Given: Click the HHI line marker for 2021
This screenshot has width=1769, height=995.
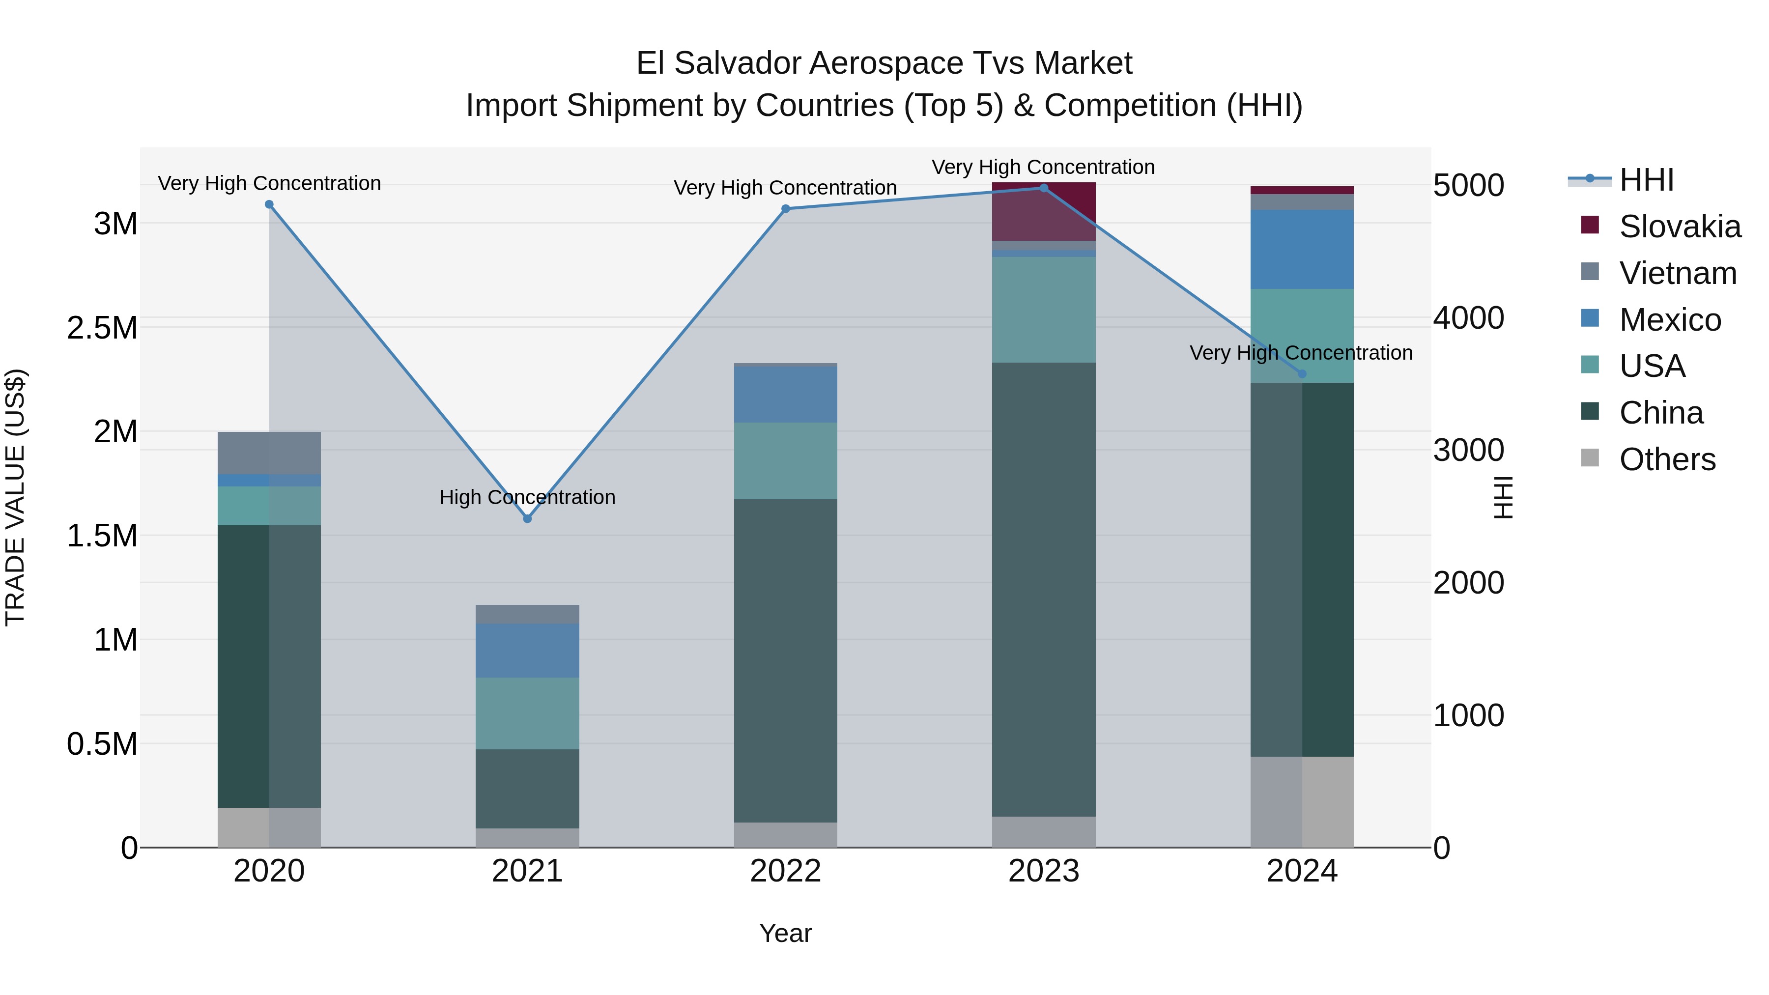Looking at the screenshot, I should (527, 518).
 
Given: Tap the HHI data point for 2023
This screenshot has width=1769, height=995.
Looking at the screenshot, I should (1044, 188).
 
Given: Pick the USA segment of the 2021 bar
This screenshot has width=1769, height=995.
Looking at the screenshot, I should (527, 713).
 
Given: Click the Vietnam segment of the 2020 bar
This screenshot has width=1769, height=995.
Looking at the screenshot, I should (269, 453).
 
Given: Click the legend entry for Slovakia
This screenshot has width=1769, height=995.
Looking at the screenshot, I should (1679, 227).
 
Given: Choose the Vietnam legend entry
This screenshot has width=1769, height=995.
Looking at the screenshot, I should (1677, 273).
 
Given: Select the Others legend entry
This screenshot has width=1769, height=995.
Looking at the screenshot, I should (1667, 459).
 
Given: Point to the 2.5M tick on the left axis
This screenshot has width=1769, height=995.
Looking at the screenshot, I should (102, 328).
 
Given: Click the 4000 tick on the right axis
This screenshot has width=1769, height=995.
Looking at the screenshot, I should (1468, 318).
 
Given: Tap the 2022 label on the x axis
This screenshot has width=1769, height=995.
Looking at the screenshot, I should (786, 871).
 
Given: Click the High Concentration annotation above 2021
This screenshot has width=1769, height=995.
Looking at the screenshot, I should (527, 497).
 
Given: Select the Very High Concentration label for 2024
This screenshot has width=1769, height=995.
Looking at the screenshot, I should (1301, 353).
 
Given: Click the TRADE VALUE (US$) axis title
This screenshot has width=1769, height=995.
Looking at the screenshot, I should (16, 497).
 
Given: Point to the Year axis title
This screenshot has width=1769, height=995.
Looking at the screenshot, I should (786, 933).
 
